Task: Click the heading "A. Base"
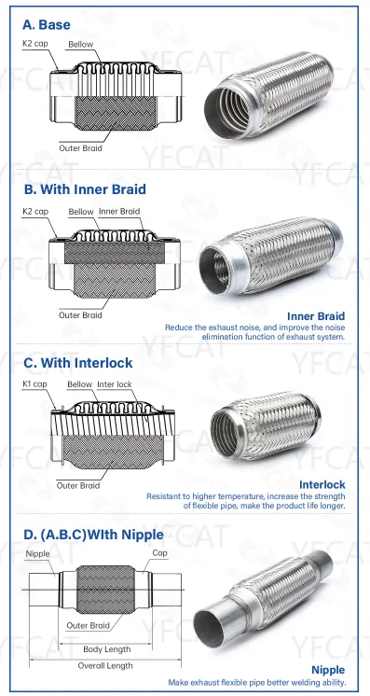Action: coord(47,25)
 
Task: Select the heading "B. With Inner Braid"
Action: coord(85,189)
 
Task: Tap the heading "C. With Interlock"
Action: coord(78,363)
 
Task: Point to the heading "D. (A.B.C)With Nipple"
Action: coord(93,535)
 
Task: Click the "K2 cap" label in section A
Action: coord(35,44)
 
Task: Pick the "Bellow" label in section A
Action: coord(81,44)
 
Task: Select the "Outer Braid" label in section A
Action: coord(80,148)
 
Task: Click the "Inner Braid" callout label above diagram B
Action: coord(119,211)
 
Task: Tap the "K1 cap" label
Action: coord(34,384)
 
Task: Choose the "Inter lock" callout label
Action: coord(115,384)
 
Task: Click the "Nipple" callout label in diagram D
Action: coord(37,554)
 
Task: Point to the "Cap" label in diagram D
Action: coord(159,553)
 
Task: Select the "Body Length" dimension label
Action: coord(107,649)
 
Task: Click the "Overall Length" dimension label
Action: coord(105,665)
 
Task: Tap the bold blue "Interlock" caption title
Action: coord(322,484)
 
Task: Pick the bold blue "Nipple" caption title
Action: coord(328,670)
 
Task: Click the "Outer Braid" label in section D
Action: coord(88,626)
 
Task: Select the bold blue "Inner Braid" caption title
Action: coord(316,316)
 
